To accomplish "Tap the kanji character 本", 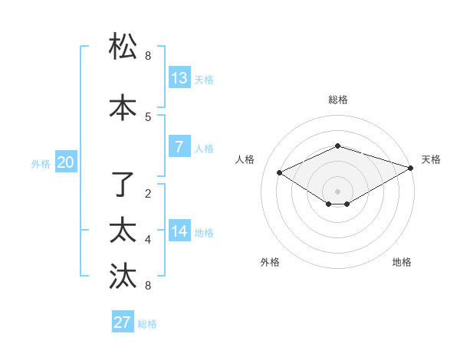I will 123,106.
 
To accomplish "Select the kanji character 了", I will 123,184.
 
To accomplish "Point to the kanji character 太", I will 123,230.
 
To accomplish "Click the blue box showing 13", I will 179,78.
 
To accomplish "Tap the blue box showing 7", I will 179,147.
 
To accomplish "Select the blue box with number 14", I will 179,231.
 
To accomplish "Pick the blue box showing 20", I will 66,162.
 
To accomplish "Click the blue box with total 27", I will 123,322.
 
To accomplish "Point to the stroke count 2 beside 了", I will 148,193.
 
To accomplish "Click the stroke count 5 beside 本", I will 148,116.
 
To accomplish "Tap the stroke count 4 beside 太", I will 148,240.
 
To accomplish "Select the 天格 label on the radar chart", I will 431,159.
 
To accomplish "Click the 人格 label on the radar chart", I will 245,159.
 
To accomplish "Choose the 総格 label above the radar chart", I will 338,100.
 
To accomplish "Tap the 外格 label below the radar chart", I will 270,262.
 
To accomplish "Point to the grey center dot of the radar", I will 338,191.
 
